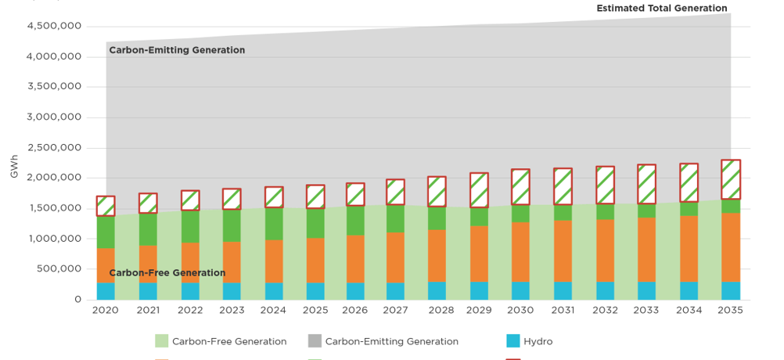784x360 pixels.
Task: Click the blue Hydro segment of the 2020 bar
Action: click(x=106, y=291)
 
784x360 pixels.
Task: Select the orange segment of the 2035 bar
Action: click(x=731, y=247)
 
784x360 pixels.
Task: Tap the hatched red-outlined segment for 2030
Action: click(x=520, y=187)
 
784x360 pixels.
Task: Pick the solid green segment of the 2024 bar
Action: click(x=273, y=224)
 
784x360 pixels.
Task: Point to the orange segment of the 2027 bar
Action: click(x=395, y=257)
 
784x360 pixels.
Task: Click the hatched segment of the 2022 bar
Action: click(x=189, y=200)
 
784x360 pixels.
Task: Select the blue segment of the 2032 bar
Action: click(x=605, y=290)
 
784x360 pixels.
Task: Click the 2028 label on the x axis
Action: click(x=441, y=311)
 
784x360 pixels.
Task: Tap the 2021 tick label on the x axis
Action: click(x=147, y=311)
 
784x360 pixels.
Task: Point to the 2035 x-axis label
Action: click(x=731, y=311)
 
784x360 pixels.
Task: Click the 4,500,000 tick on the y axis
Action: click(x=54, y=26)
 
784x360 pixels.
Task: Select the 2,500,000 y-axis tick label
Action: click(x=54, y=148)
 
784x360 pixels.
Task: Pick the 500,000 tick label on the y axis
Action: click(x=59, y=269)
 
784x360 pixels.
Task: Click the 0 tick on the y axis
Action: click(x=77, y=300)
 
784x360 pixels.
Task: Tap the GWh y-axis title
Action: click(x=13, y=167)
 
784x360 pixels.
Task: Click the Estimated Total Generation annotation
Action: click(x=662, y=9)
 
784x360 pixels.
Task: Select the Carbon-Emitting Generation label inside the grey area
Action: click(x=177, y=50)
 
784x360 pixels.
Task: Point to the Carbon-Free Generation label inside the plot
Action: click(x=167, y=273)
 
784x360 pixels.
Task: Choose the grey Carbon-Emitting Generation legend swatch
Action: click(x=314, y=341)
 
